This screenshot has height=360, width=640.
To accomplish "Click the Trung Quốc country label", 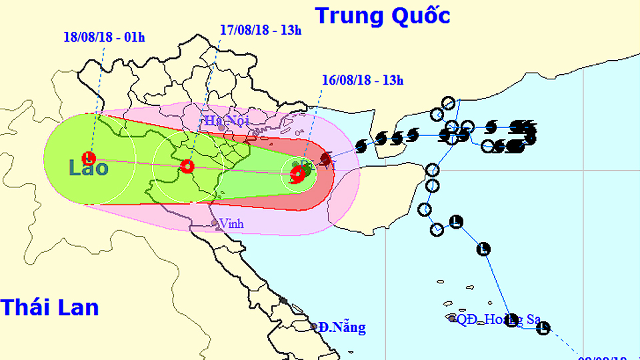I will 383,15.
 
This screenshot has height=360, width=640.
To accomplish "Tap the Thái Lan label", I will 49,307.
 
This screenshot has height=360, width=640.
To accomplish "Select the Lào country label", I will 89,168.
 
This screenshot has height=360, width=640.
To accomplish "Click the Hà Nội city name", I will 220,121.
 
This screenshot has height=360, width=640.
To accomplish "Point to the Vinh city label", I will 231,224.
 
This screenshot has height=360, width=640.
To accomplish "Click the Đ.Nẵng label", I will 341,328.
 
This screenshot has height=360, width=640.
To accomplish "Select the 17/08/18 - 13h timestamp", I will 261,29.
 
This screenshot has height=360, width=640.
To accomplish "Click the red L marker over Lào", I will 89,159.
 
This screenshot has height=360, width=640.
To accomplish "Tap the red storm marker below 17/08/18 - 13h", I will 189,166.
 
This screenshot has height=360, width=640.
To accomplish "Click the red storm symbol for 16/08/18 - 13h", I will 298,175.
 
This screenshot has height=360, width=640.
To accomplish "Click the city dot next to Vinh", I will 214,223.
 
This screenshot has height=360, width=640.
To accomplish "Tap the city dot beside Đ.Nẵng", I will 314,327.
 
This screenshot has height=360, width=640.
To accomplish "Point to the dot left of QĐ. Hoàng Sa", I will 453,319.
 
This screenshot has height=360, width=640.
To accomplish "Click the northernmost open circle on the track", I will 449,103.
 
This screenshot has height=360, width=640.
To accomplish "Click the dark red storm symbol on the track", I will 325,159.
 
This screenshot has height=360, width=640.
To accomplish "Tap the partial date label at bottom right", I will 609,356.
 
